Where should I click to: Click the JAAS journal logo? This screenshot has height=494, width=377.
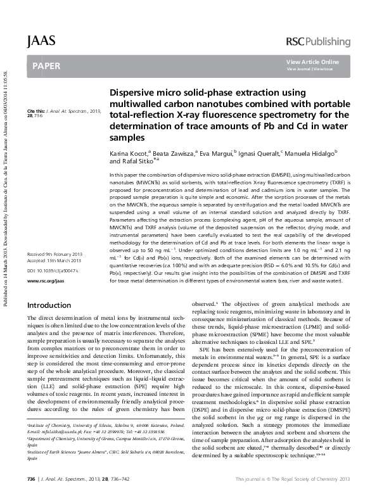point(42,41)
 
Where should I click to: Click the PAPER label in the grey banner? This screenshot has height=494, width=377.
point(47,66)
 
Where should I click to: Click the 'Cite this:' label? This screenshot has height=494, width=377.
point(36,111)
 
